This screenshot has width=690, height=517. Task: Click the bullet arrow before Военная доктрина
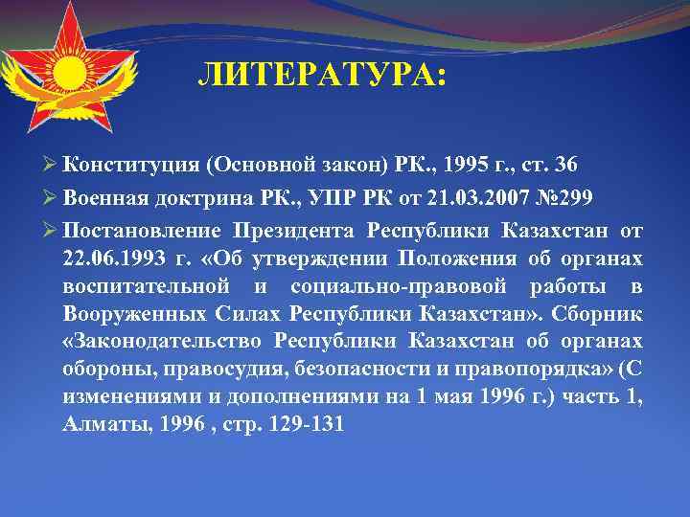(x=51, y=197)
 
